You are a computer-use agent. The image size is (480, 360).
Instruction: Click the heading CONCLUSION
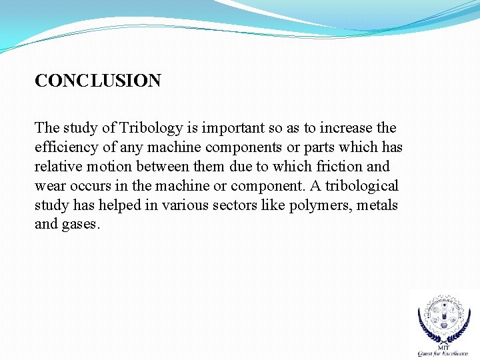tap(98, 81)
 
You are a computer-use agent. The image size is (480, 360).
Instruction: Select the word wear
tap(49, 186)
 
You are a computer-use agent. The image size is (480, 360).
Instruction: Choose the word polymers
tap(319, 205)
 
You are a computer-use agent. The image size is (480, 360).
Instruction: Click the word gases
tap(81, 225)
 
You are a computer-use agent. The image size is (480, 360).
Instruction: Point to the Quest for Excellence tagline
tap(443, 354)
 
